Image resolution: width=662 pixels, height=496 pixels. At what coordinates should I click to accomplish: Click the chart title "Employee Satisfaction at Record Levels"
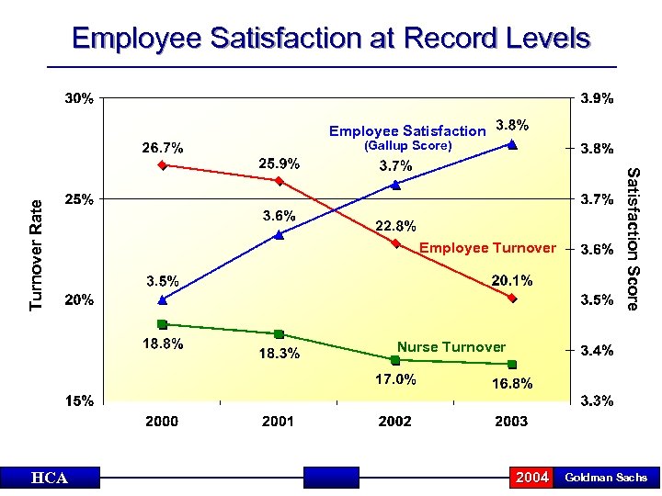(x=331, y=39)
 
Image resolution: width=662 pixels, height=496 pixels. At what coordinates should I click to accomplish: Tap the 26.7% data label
(x=162, y=147)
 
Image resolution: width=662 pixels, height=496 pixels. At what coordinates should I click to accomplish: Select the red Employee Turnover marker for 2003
(x=512, y=299)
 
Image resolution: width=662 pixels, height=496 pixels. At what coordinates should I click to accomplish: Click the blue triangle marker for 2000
(x=162, y=299)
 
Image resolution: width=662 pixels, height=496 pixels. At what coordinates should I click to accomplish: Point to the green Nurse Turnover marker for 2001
(x=279, y=334)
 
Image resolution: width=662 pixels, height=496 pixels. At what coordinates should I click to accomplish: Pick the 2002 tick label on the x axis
(x=394, y=421)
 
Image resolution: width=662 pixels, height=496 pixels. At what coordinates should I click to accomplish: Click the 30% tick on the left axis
(x=78, y=98)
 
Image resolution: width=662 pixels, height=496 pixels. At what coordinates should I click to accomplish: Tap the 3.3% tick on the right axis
(x=596, y=401)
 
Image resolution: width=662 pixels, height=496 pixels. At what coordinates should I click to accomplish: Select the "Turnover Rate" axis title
(x=37, y=254)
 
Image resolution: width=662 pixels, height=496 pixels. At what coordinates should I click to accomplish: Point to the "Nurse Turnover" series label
(x=451, y=346)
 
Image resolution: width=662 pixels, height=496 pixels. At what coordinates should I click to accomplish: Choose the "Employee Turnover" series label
(x=487, y=248)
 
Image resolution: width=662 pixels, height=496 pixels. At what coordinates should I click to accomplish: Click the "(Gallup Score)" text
(x=407, y=146)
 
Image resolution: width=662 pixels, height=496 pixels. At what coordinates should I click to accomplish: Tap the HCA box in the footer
(x=49, y=478)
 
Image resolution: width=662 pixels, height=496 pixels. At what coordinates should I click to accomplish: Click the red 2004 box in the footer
(x=532, y=478)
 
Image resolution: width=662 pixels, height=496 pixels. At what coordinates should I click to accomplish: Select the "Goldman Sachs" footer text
(x=606, y=478)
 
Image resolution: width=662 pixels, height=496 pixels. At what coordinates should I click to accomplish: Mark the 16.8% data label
(x=512, y=384)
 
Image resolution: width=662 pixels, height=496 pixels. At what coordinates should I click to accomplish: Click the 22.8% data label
(x=395, y=226)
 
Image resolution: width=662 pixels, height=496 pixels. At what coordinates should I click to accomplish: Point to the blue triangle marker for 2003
(x=512, y=144)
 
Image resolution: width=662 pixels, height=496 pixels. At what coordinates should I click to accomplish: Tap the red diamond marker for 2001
(x=279, y=181)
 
